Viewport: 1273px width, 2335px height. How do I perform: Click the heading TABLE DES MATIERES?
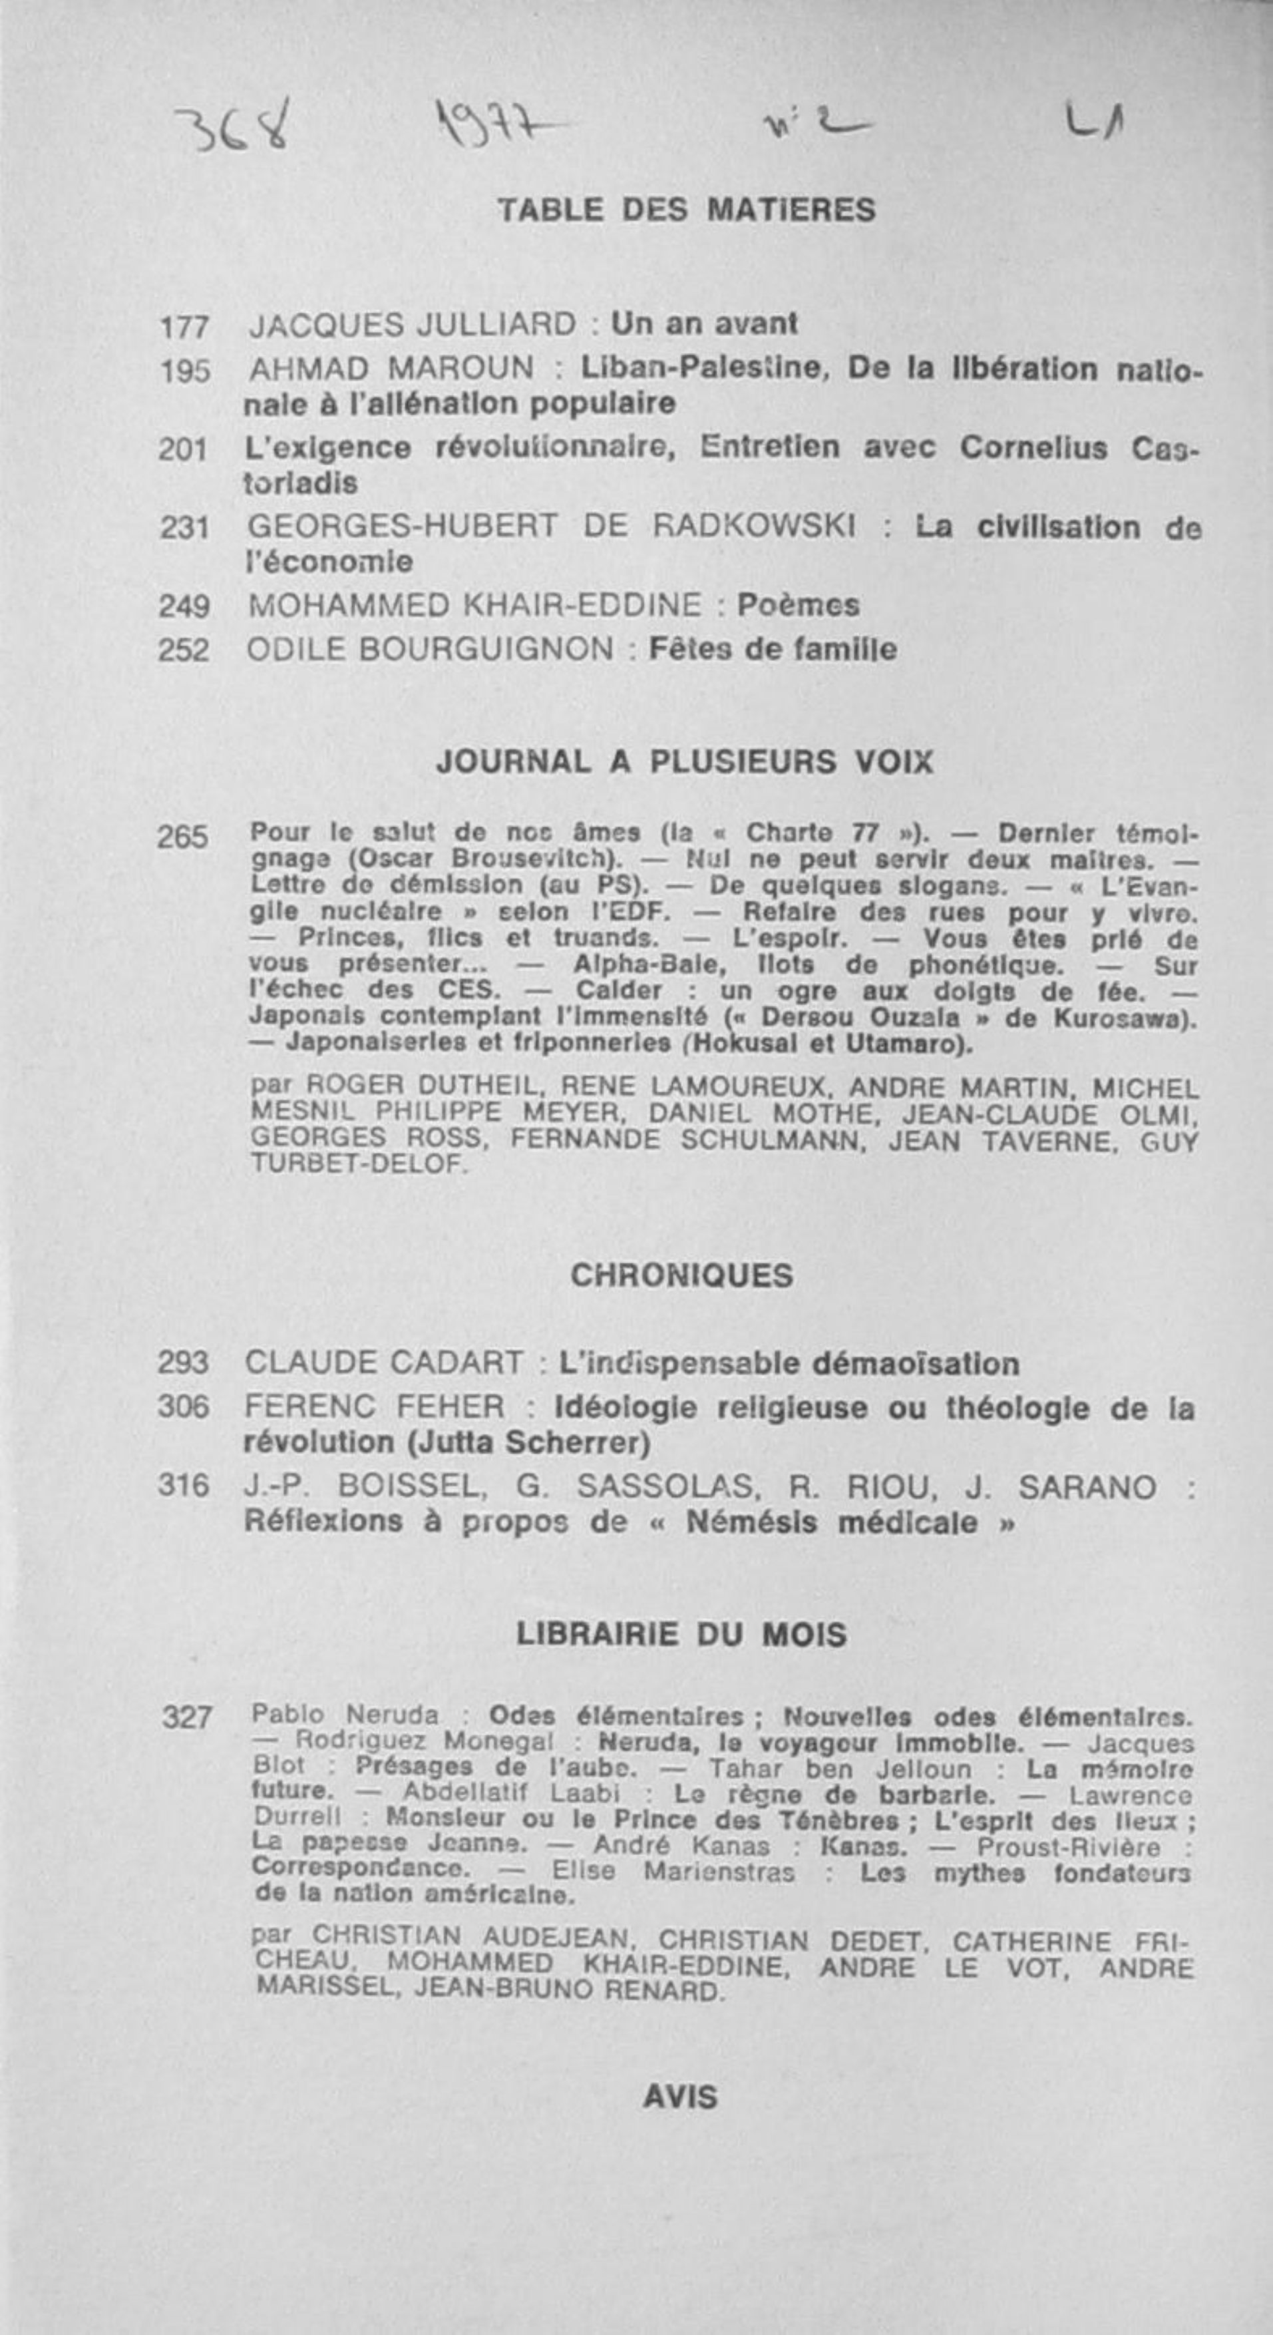[x=686, y=210]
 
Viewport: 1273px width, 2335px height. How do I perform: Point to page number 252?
[x=183, y=650]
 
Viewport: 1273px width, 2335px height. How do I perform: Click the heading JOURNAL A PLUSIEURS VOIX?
[x=684, y=761]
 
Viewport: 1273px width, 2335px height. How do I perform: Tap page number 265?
[x=182, y=837]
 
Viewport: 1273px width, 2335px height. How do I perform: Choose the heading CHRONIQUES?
[x=681, y=1275]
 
